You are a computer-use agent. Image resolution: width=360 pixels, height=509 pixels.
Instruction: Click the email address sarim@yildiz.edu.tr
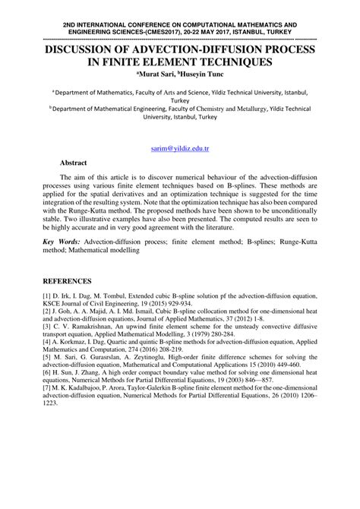click(179, 151)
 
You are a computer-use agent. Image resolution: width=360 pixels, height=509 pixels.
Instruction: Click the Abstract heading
click(75, 163)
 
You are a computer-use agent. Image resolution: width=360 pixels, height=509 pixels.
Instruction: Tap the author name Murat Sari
click(156, 75)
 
